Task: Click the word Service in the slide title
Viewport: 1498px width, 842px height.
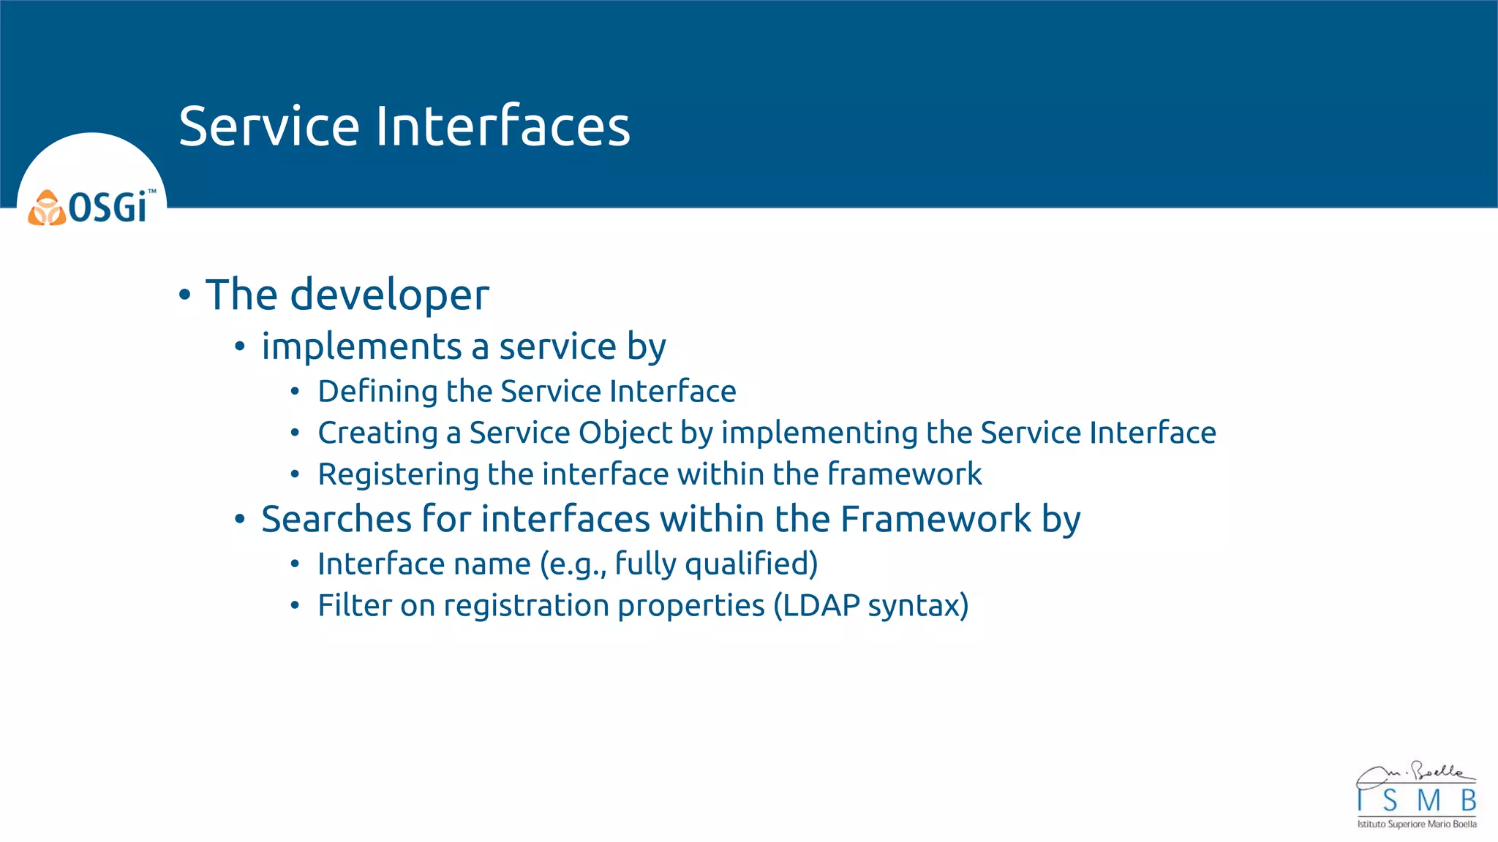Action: coord(268,126)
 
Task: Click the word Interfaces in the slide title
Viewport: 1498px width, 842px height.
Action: coord(503,126)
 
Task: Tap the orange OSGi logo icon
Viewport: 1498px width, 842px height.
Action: coord(47,208)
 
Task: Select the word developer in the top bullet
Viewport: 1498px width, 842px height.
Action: coord(389,295)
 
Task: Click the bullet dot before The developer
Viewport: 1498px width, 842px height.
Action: coord(184,295)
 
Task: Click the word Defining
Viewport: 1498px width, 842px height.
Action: coord(377,392)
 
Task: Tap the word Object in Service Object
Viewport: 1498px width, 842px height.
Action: coord(625,433)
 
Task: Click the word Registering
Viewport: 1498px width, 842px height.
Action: coord(398,475)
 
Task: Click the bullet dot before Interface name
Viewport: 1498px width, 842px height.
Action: coord(295,564)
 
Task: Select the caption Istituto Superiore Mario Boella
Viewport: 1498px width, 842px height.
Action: coord(1417,824)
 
